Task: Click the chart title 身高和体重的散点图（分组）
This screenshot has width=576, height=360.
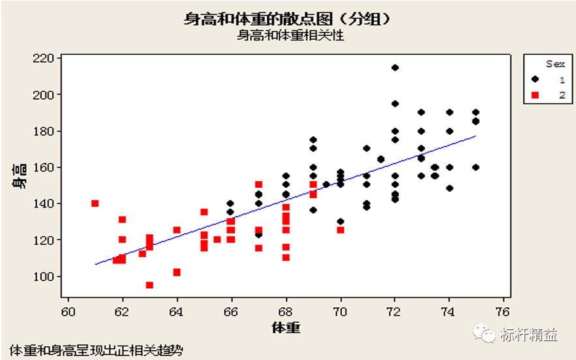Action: coord(288,19)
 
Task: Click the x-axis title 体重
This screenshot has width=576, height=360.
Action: coord(286,327)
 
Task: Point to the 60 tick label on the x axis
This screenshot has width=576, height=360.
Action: coord(68,311)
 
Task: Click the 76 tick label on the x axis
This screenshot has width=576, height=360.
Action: coord(503,311)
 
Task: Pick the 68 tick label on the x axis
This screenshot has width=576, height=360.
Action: coord(286,311)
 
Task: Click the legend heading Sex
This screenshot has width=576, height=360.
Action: coord(555,64)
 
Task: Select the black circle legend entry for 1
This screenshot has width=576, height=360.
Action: coord(536,79)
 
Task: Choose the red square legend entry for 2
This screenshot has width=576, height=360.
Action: coord(536,95)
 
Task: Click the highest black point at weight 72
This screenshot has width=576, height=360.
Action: coord(395,68)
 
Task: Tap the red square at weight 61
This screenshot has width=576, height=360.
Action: coord(95,203)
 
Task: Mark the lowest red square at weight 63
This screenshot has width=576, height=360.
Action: coord(149,285)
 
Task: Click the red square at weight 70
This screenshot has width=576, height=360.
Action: coord(341,230)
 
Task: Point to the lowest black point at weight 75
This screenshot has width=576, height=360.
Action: coord(476,168)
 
